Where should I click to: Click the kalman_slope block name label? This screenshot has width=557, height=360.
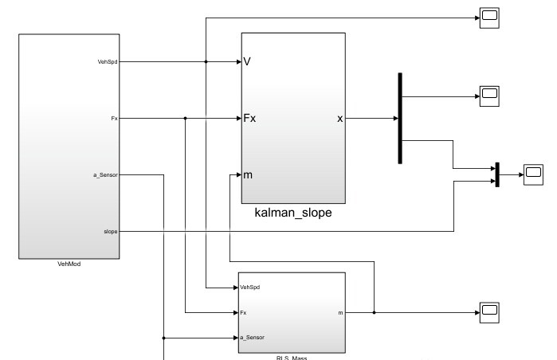(x=292, y=213)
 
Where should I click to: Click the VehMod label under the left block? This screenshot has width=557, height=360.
(x=69, y=264)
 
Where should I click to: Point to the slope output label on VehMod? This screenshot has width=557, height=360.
(x=111, y=231)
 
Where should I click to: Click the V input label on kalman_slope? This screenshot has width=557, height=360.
(x=248, y=61)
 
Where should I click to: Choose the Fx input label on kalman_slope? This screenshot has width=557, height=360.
(x=249, y=119)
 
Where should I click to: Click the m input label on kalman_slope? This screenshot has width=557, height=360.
(x=248, y=175)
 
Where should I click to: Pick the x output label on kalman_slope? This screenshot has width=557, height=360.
(x=340, y=119)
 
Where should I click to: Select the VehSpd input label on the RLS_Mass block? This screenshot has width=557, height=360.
(x=250, y=287)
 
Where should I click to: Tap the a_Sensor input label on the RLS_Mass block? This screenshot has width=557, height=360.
(x=252, y=338)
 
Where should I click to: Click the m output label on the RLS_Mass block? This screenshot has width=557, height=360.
(x=340, y=312)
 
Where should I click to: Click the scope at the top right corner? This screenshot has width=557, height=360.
(x=488, y=17)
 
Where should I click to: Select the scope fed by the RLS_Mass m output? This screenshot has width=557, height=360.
(x=488, y=312)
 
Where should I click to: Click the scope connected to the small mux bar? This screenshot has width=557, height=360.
(x=532, y=173)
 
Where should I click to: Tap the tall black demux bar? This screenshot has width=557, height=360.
(x=399, y=118)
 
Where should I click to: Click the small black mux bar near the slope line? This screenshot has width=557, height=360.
(x=496, y=174)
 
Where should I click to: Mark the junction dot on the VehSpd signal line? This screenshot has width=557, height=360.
(x=206, y=61)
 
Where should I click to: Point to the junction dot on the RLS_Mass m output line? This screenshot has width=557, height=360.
(x=373, y=312)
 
